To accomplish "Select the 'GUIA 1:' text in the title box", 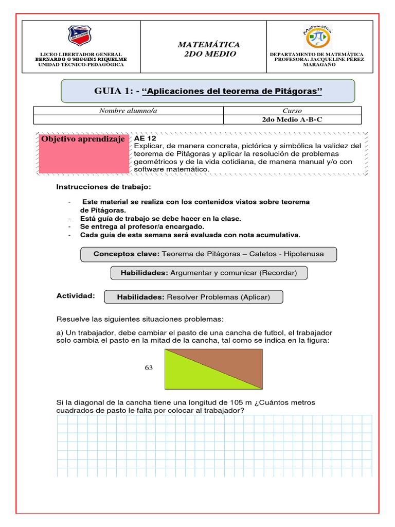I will [116, 91].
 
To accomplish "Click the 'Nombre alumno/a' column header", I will [128, 111].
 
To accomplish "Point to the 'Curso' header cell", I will [292, 111].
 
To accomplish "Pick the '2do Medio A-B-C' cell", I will [292, 119].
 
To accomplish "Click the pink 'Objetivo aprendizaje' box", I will [83, 153].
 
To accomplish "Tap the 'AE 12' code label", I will [145, 139].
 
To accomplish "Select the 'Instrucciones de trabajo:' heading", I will [104, 186].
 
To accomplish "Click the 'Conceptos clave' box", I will [209, 254].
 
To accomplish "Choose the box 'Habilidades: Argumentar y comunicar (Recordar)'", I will [209, 273].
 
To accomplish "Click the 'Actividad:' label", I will [76, 296].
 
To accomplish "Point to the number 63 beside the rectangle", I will [149, 368].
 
